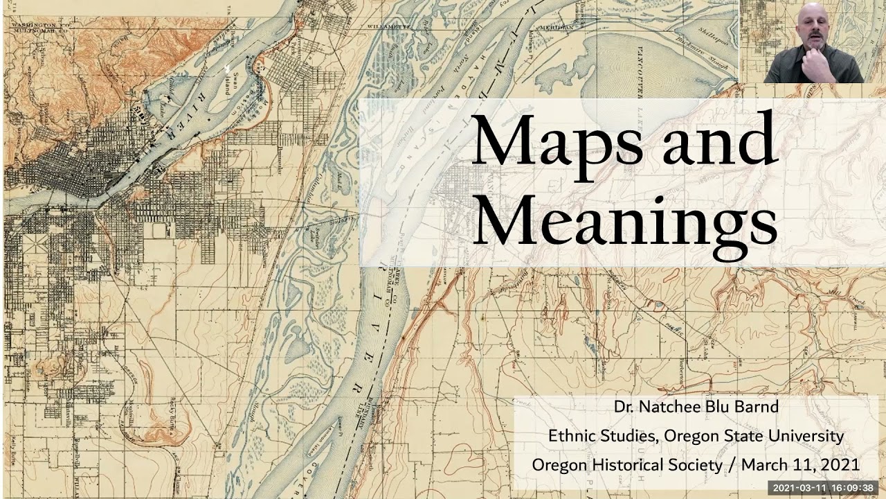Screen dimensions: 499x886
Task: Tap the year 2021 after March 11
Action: [840, 464]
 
